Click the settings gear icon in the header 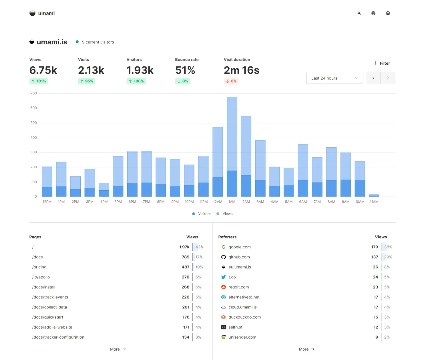pyautogui.click(x=388, y=13)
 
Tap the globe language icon pyautogui.click(x=373, y=13)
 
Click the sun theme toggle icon pyautogui.click(x=359, y=13)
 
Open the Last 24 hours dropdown pyautogui.click(x=335, y=78)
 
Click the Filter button pyautogui.click(x=382, y=63)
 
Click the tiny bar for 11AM pyautogui.click(x=374, y=195)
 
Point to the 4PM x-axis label pyautogui.click(x=104, y=202)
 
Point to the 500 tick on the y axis pyautogui.click(x=34, y=123)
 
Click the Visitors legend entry pyautogui.click(x=202, y=214)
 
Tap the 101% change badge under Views pyautogui.click(x=39, y=81)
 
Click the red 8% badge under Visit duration pyautogui.click(x=231, y=81)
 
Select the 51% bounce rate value pyautogui.click(x=185, y=70)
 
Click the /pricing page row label pyautogui.click(x=39, y=267)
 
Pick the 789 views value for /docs pyautogui.click(x=186, y=257)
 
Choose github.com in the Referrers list pyautogui.click(x=239, y=257)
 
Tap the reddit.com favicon pyautogui.click(x=224, y=287)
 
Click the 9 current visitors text pyautogui.click(x=98, y=42)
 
